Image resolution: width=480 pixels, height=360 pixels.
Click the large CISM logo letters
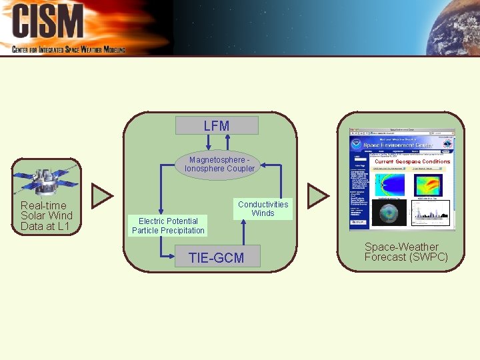(48, 21)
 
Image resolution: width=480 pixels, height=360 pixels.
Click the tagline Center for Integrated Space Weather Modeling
(69, 49)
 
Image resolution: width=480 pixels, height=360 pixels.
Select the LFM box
(216, 125)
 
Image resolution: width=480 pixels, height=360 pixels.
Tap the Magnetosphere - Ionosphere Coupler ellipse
(219, 164)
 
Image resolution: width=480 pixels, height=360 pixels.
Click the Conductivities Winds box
(263, 209)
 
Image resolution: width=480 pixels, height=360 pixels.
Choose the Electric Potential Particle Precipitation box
(168, 226)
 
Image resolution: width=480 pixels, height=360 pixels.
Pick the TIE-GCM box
(216, 257)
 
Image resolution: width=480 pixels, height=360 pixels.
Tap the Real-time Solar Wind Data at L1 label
(46, 216)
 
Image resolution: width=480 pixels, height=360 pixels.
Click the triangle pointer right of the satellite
(102, 195)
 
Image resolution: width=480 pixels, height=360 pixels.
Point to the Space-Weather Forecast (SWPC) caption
(406, 252)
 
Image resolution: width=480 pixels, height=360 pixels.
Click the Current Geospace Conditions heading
(412, 161)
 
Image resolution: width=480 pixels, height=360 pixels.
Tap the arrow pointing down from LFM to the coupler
(206, 142)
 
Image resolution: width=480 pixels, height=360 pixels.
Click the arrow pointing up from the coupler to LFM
(229, 141)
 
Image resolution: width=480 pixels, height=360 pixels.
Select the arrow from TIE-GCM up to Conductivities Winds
(244, 233)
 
